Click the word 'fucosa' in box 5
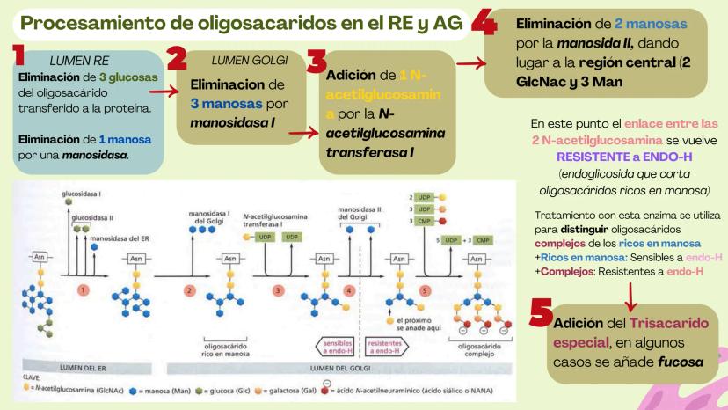659,362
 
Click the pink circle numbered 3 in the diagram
279,289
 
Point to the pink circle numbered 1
84,289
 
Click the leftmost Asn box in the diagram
39,256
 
